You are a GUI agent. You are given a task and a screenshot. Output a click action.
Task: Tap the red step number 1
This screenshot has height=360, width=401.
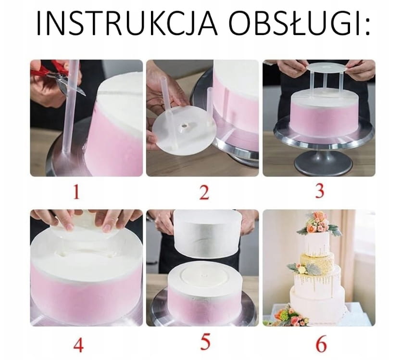pos(76,192)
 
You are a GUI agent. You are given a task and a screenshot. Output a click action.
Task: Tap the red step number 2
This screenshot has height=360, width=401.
pos(204,193)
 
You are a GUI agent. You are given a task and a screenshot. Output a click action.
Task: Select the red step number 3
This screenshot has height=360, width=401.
pos(320,192)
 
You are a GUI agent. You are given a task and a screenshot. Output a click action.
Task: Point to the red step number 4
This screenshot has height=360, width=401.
pos(78,345)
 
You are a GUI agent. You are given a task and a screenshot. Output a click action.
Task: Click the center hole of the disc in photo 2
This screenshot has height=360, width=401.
pos(184,126)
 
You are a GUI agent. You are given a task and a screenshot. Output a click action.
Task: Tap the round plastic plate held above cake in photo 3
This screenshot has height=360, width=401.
pos(326,69)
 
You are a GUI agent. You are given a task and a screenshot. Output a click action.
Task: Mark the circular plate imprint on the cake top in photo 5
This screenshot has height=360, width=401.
pos(205,277)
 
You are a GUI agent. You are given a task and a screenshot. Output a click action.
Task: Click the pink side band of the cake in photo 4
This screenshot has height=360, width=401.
pos(86,289)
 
